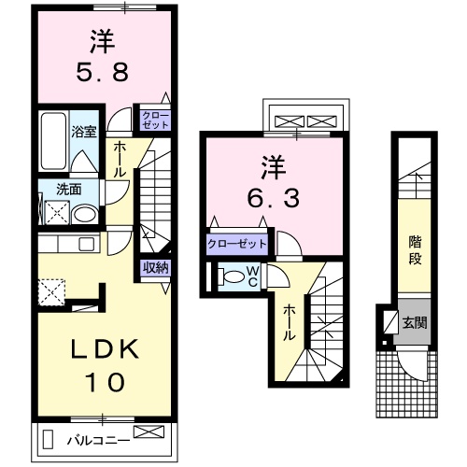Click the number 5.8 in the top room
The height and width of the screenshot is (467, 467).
[x=104, y=72]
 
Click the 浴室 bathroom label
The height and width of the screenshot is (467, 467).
[x=86, y=132]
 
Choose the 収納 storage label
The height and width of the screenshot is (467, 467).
[x=156, y=268]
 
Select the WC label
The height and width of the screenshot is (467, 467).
[x=252, y=276]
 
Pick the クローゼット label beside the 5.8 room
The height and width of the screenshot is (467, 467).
[x=155, y=120]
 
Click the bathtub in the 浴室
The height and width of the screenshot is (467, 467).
[x=53, y=140]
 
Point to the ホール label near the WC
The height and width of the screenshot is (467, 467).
[x=290, y=323]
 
